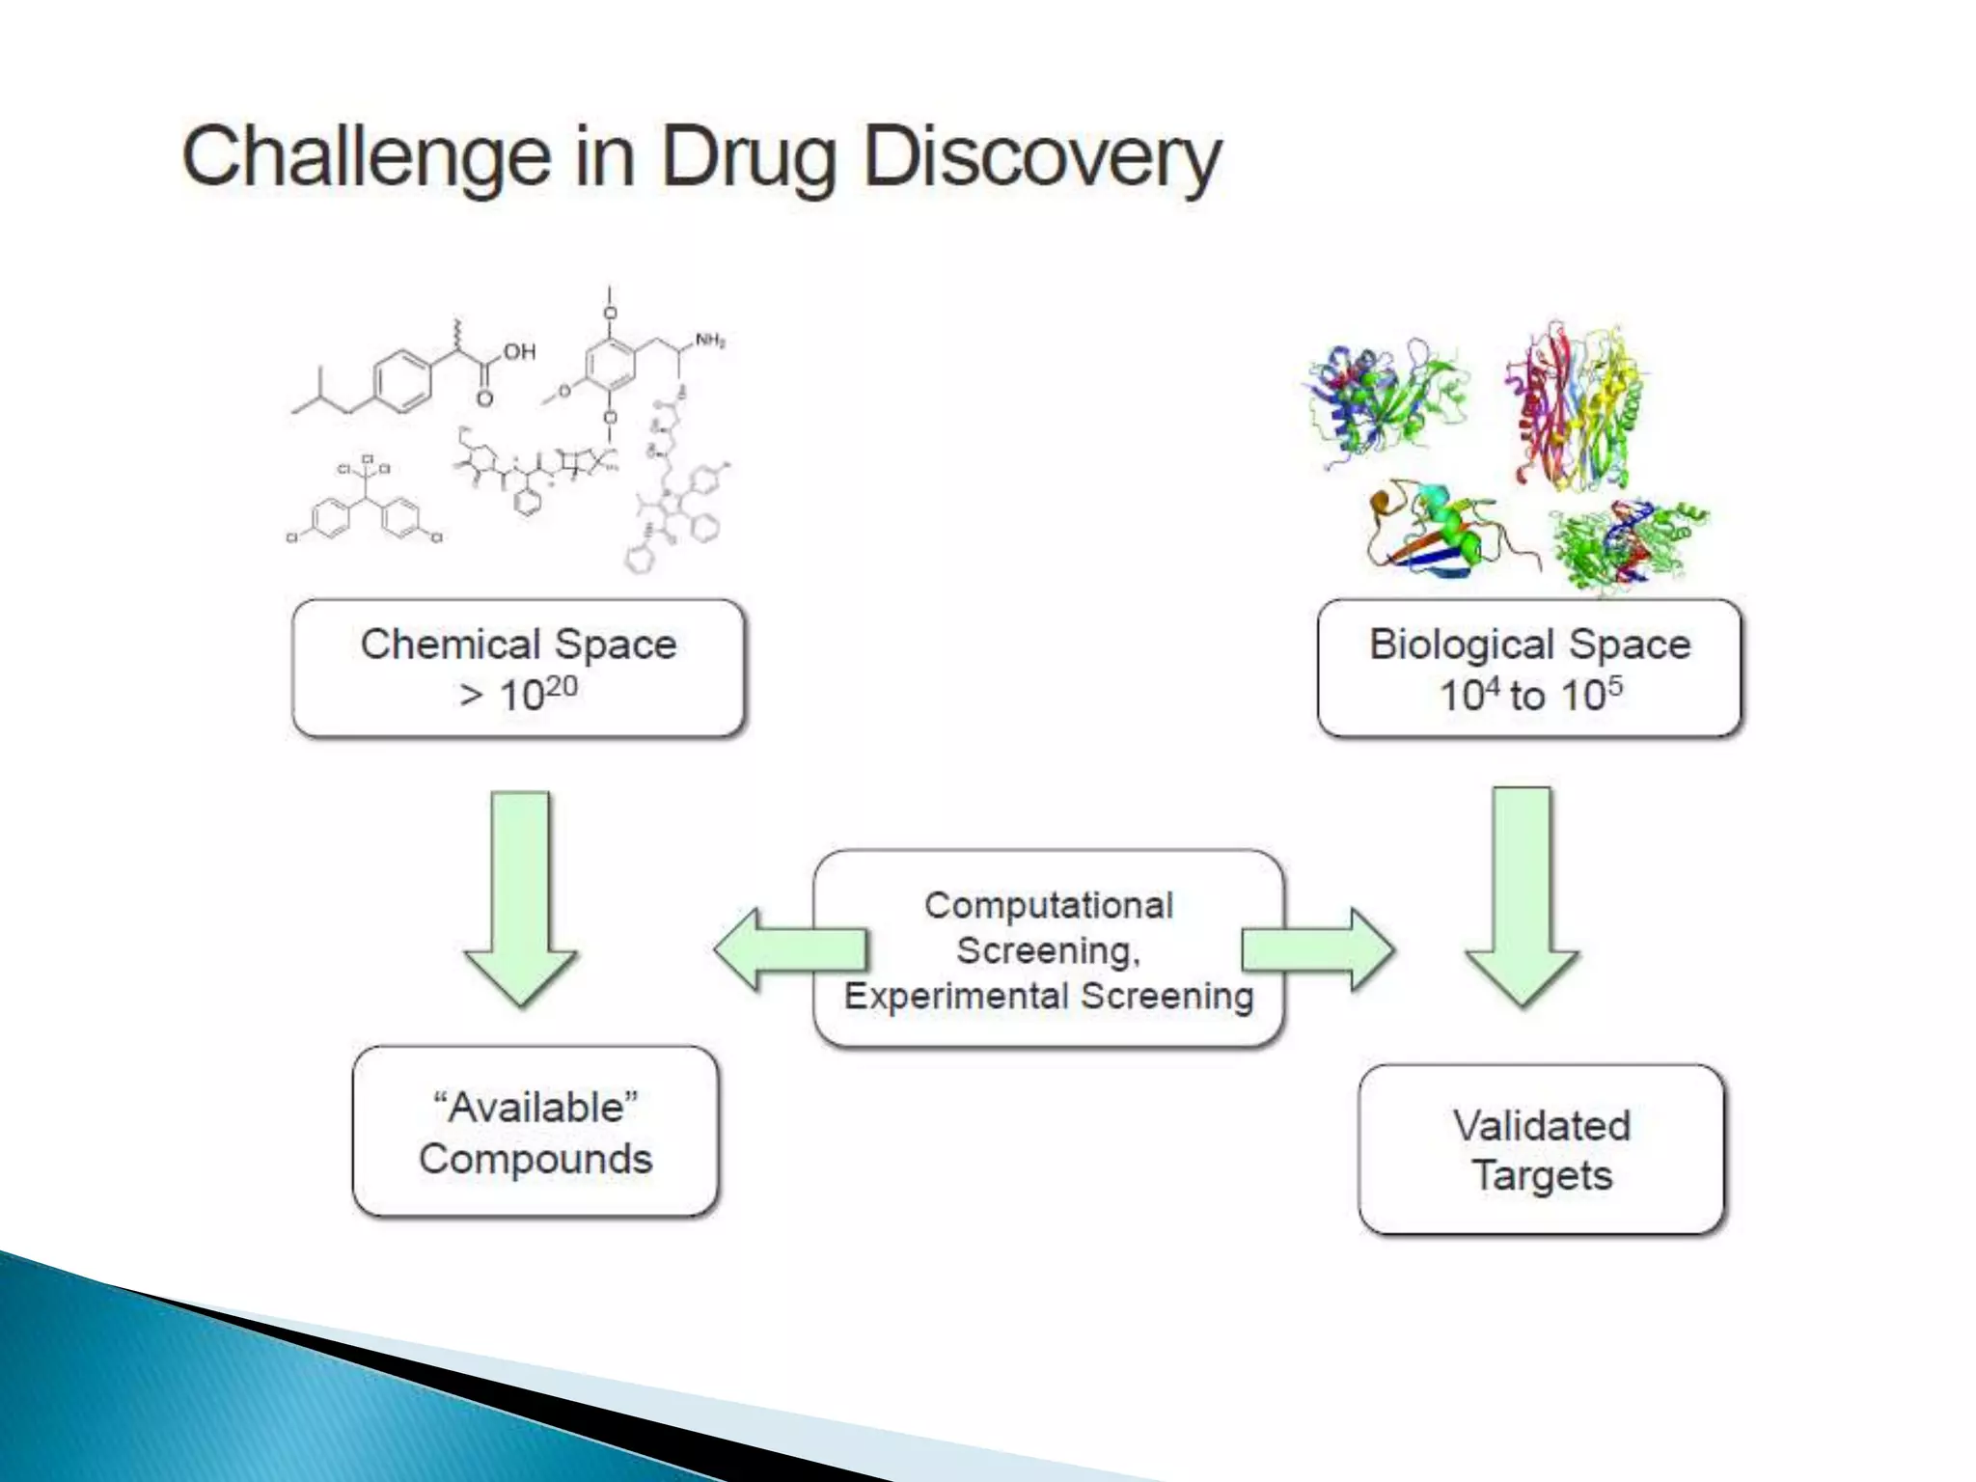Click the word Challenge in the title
366,157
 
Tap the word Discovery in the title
1042,157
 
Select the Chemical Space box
518,669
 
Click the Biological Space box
1529,669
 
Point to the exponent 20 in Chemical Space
561,686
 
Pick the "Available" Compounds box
535,1132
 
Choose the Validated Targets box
1541,1149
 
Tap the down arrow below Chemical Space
520,897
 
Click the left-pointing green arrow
787,949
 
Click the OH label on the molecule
518,352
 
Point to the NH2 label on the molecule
710,341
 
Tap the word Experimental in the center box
956,996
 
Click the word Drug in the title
748,157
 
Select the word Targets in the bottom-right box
1542,1176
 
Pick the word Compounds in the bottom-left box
535,1159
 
